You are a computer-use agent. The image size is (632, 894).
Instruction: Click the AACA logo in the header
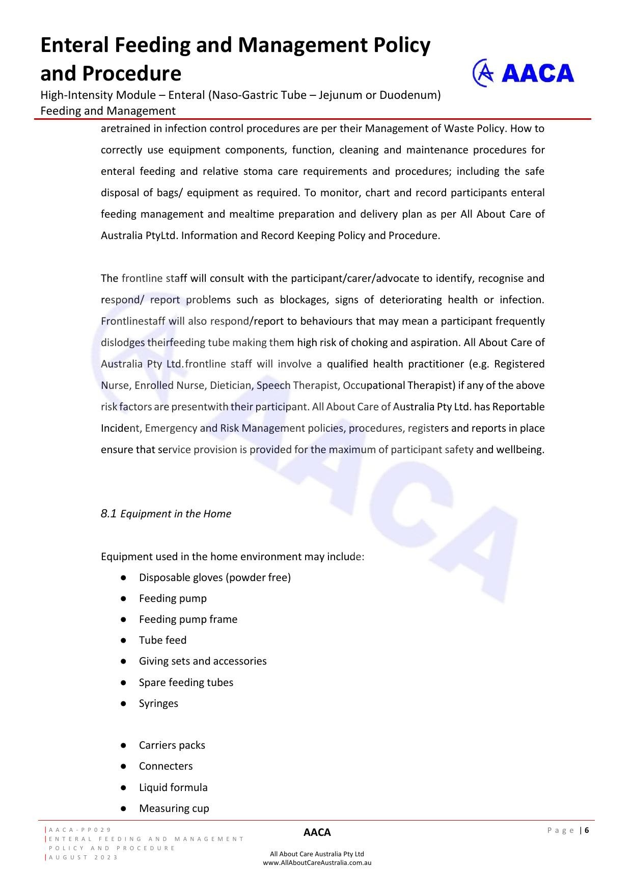click(523, 73)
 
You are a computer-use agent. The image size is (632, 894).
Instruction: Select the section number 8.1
click(108, 513)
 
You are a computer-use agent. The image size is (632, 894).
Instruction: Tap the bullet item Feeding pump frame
click(188, 619)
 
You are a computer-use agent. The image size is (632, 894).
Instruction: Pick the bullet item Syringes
click(158, 703)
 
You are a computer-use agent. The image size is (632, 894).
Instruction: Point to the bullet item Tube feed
click(162, 640)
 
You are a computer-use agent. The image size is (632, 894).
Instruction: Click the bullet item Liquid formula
click(173, 787)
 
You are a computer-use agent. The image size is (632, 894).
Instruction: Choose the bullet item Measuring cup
click(174, 808)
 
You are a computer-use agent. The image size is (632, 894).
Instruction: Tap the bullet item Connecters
click(166, 766)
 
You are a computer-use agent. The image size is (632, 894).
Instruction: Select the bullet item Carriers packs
click(172, 745)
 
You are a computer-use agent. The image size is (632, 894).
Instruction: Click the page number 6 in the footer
click(587, 830)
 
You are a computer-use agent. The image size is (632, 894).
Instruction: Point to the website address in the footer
click(317, 863)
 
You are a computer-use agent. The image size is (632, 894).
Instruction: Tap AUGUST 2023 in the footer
click(84, 857)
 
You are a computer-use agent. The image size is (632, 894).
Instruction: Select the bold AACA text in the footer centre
click(317, 832)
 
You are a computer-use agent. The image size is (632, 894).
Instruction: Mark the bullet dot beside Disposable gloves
click(123, 577)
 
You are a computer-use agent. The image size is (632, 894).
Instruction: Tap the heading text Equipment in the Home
click(176, 514)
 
